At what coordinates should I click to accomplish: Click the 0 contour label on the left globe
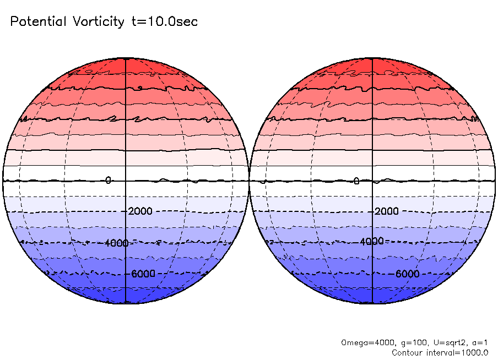pyautogui.click(x=108, y=180)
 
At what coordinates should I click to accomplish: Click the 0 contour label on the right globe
pyautogui.click(x=356, y=181)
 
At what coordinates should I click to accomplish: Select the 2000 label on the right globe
pyautogui.click(x=387, y=212)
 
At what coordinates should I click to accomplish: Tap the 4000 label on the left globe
pyautogui.click(x=116, y=243)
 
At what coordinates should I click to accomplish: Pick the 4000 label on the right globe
pyautogui.click(x=372, y=241)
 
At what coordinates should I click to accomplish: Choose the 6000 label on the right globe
pyautogui.click(x=408, y=274)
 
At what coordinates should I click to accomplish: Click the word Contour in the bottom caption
pyautogui.click(x=406, y=352)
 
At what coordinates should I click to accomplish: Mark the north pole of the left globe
pyautogui.click(x=126, y=58)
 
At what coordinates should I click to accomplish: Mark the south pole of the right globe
pyautogui.click(x=372, y=303)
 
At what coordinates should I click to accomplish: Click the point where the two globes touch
pyautogui.click(x=249, y=181)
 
